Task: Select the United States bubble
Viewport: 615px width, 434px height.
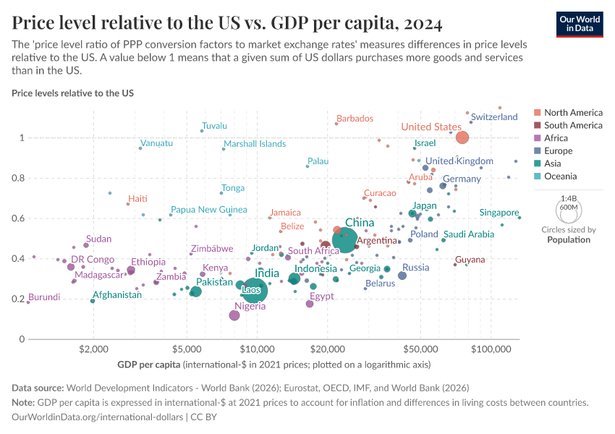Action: tap(463, 137)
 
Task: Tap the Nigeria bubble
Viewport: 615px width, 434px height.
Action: tap(234, 315)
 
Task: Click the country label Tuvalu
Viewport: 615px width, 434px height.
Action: tap(214, 126)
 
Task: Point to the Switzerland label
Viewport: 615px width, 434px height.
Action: tap(494, 116)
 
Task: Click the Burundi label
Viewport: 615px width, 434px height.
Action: tap(44, 297)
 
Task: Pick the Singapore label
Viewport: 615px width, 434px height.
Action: tap(499, 213)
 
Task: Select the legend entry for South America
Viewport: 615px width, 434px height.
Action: tap(573, 125)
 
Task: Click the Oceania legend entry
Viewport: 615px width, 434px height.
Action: tap(563, 176)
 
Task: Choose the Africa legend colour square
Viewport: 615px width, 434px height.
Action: tap(537, 138)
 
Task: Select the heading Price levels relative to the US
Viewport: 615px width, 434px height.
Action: tap(72, 93)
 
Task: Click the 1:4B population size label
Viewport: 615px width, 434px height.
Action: tap(569, 198)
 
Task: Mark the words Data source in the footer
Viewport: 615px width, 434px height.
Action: tap(38, 388)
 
